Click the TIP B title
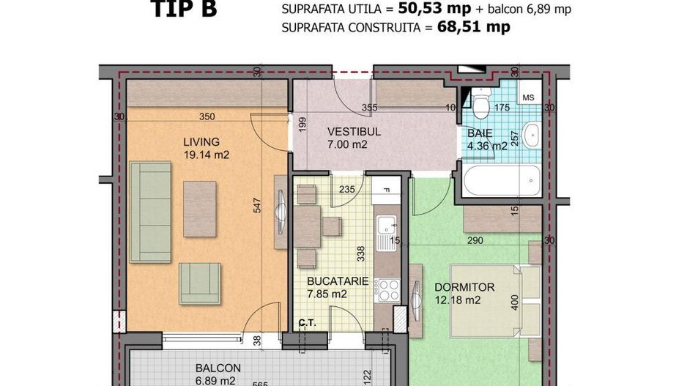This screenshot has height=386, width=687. (x=184, y=10)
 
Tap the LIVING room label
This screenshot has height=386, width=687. (x=201, y=141)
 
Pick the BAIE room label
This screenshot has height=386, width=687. (x=480, y=133)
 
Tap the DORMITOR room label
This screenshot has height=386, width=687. (x=464, y=287)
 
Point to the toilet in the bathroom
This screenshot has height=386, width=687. (x=481, y=105)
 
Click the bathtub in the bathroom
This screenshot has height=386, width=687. (x=501, y=179)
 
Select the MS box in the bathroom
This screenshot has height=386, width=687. (x=529, y=97)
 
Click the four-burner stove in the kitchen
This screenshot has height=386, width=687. (x=387, y=290)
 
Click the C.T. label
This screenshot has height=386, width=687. (x=306, y=322)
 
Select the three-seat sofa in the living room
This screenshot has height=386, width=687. (x=150, y=212)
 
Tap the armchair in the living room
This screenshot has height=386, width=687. (x=199, y=283)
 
